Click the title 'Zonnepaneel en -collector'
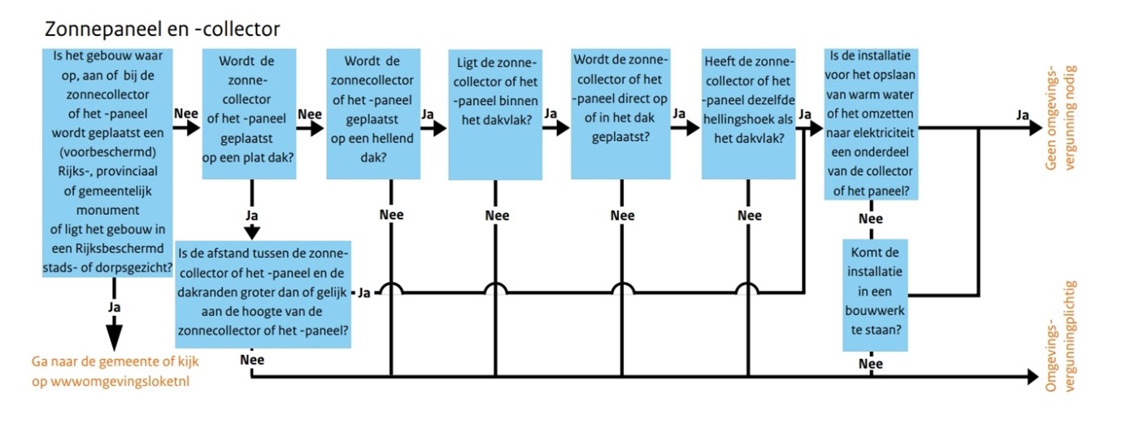tap(163, 30)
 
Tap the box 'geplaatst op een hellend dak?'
tap(373, 114)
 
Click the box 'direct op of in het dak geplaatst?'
tap(622, 114)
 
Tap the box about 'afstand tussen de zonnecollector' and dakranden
tap(263, 293)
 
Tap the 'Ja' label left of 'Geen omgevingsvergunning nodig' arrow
tap(1023, 114)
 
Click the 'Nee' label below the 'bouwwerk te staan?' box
tap(871, 364)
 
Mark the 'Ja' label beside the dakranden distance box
tap(365, 292)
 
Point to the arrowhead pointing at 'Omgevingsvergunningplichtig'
tap(1033, 376)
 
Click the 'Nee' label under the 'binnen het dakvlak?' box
tap(497, 216)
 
